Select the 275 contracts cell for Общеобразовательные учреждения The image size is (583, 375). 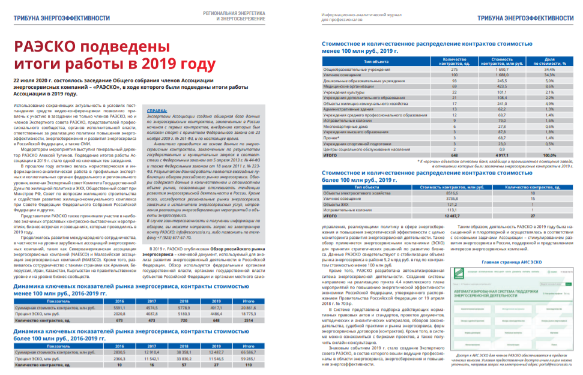pyautogui.click(x=455, y=70)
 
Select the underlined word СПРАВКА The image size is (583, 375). pyautogui.click(x=157, y=111)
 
